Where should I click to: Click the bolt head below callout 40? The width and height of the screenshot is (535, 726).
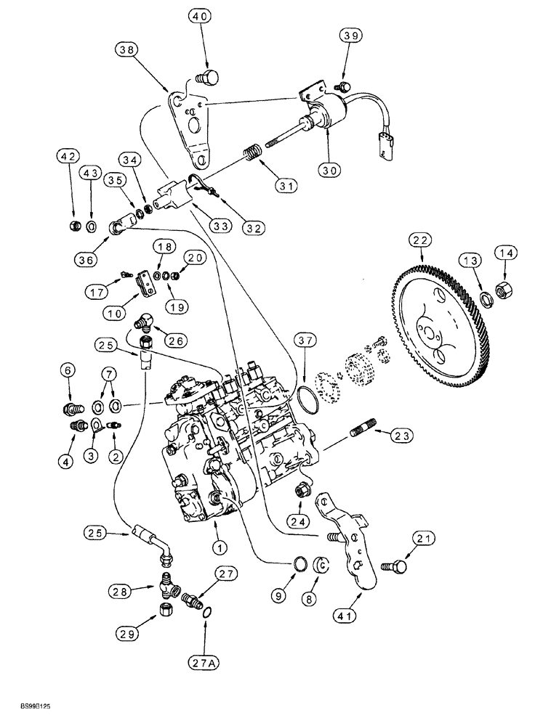209,77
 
